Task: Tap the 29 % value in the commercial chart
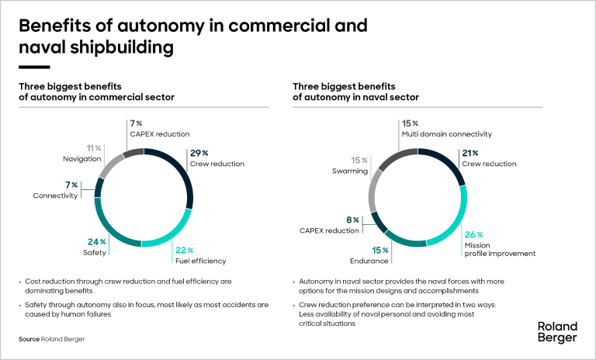coord(199,153)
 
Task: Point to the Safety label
coord(92,252)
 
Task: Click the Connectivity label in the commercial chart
coord(55,196)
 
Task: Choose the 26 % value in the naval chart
coord(474,234)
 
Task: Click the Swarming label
coord(350,171)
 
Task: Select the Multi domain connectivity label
coord(446,134)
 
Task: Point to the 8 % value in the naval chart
coord(352,220)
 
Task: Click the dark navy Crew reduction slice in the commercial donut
coord(181,173)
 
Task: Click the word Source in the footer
coord(30,339)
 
